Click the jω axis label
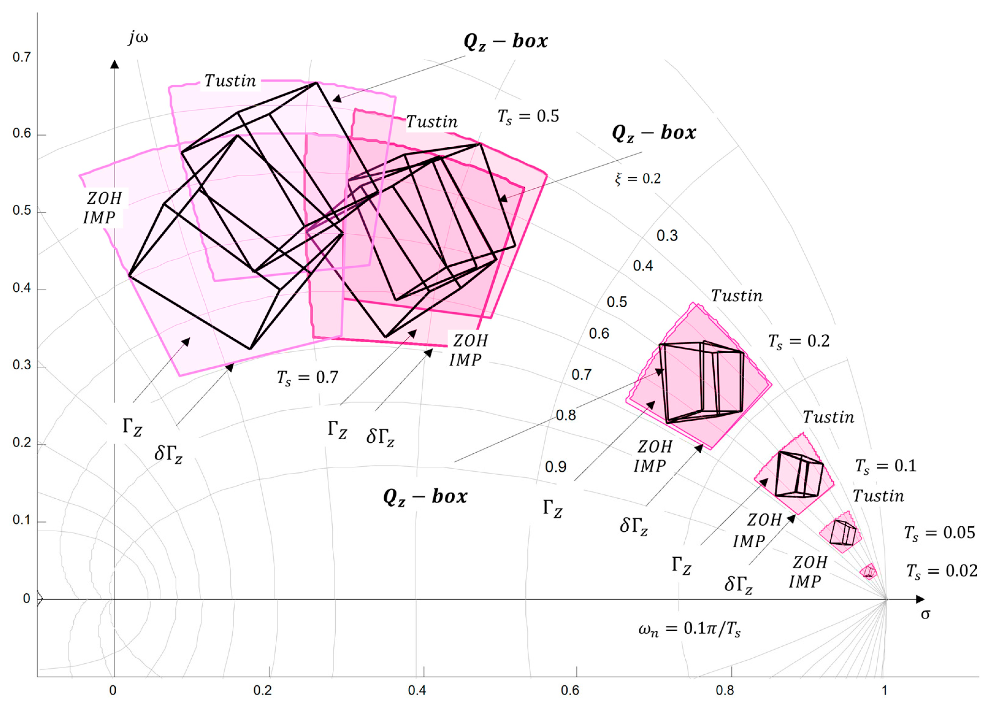[x=138, y=38]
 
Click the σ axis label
[x=925, y=614]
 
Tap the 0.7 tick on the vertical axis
[x=21, y=57]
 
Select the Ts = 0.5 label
[x=528, y=117]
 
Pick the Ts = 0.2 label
[x=799, y=342]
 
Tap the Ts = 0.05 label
[x=940, y=533]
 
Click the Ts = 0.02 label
[x=942, y=571]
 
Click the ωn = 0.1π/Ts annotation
[x=690, y=629]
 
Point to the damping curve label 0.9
[x=556, y=467]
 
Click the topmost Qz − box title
[x=506, y=42]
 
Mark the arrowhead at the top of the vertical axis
[x=114, y=64]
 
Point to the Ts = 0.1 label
[x=886, y=466]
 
